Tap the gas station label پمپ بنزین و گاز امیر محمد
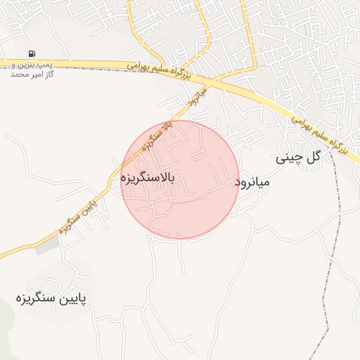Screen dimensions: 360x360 (32, 68)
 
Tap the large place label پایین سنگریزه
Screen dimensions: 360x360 (51, 299)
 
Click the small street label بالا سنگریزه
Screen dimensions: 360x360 (157, 137)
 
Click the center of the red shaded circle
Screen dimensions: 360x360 (179, 179)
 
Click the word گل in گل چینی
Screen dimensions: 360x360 (313, 156)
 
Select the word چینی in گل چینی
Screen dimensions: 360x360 (288, 157)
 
